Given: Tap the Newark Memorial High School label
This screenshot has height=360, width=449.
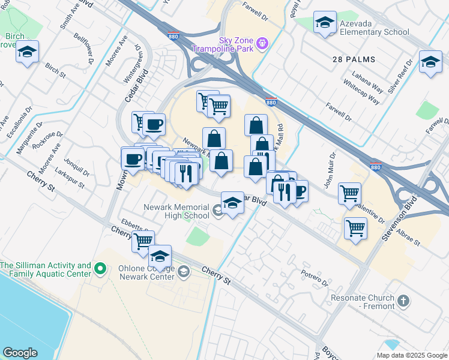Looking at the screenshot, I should [176, 211].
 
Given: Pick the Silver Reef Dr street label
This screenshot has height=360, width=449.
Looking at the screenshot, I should [402, 76].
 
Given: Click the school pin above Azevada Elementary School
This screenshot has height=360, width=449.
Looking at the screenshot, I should [325, 23].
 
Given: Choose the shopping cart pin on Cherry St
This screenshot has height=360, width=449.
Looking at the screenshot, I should [143, 241].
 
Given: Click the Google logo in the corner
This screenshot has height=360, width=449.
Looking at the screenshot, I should [20, 353].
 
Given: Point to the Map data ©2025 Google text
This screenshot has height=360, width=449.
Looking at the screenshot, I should [411, 355].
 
